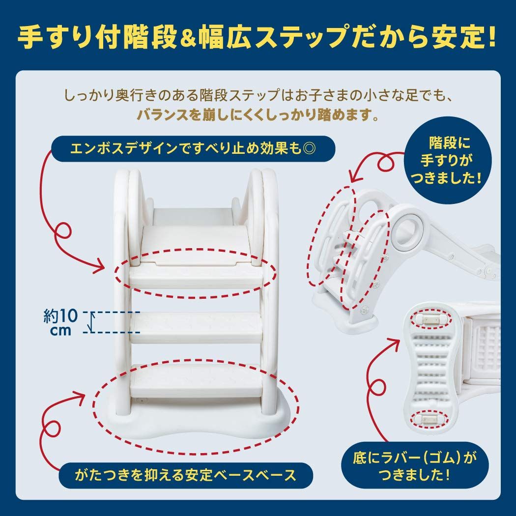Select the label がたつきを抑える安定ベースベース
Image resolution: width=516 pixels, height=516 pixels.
(185, 475)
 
